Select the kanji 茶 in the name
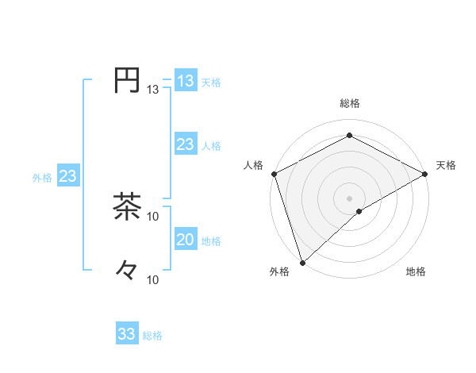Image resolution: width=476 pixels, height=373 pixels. pos(127,207)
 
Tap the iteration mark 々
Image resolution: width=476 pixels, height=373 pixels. pos(127,270)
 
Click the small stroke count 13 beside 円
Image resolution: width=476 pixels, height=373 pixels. pos(153,90)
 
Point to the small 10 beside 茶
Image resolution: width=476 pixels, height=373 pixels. pos(153,216)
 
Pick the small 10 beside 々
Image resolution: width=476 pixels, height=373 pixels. pos(153,279)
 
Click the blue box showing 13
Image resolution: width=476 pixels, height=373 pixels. pos(185,81)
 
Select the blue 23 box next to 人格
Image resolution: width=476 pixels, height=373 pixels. pos(185,144)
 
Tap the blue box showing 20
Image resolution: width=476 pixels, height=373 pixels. pos(185,240)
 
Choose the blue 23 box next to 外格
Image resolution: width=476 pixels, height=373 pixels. pos(67,176)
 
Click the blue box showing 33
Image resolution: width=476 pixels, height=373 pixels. pos(127,333)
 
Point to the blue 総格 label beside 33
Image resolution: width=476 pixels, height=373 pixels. pos(152,336)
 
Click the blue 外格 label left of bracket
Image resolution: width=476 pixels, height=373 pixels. pos(42,178)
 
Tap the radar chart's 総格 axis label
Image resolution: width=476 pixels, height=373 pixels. pos(349,103)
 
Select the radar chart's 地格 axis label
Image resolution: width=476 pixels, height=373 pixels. pos(416,272)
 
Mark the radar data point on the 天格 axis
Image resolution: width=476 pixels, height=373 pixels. pos(425,174)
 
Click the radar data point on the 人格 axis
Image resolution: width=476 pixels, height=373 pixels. pos(273,174)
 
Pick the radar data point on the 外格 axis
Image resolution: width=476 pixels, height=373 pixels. pos(302,262)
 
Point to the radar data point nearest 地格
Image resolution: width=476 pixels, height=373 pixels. pos(359,211)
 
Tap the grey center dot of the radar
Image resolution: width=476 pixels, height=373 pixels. pos(349,198)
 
